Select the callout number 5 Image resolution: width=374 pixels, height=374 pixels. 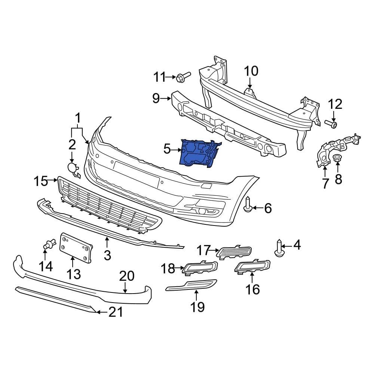(x=167, y=150)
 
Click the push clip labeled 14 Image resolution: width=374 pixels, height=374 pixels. (x=46, y=245)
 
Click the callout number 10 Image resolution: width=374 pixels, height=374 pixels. (x=251, y=71)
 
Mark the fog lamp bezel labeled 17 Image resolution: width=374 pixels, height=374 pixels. (x=234, y=252)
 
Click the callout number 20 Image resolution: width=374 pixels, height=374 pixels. (x=126, y=276)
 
